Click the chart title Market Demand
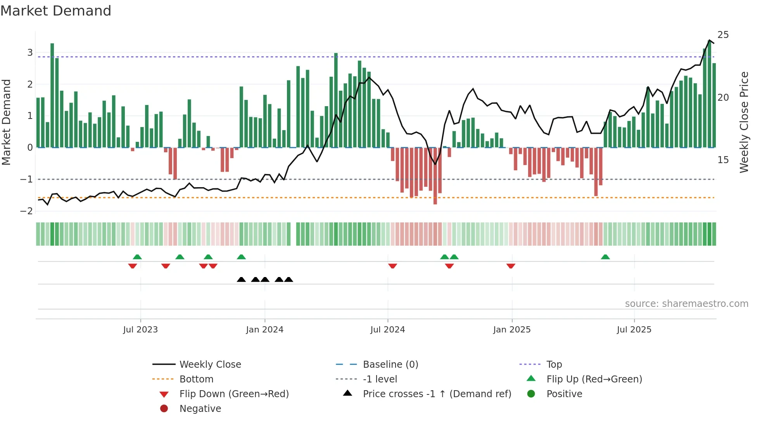[x=56, y=10]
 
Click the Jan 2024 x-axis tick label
[x=264, y=330]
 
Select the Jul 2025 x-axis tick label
[x=634, y=330]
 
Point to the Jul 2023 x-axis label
[x=140, y=330]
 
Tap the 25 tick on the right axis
[x=723, y=35]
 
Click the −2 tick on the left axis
[x=27, y=211]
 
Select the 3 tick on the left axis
[x=30, y=52]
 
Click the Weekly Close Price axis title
[x=744, y=122]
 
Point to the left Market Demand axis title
[x=7, y=122]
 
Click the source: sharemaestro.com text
[x=686, y=304]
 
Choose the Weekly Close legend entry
[x=210, y=365]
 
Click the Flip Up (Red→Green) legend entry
[x=594, y=379]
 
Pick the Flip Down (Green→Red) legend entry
[x=234, y=394]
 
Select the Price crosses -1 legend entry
[x=437, y=394]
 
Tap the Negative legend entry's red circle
[x=164, y=408]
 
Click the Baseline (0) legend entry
[x=390, y=365]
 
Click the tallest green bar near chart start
[x=52, y=95]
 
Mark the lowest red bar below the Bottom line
[x=435, y=176]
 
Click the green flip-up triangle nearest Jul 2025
[x=605, y=257]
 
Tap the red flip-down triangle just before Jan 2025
[x=511, y=266]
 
